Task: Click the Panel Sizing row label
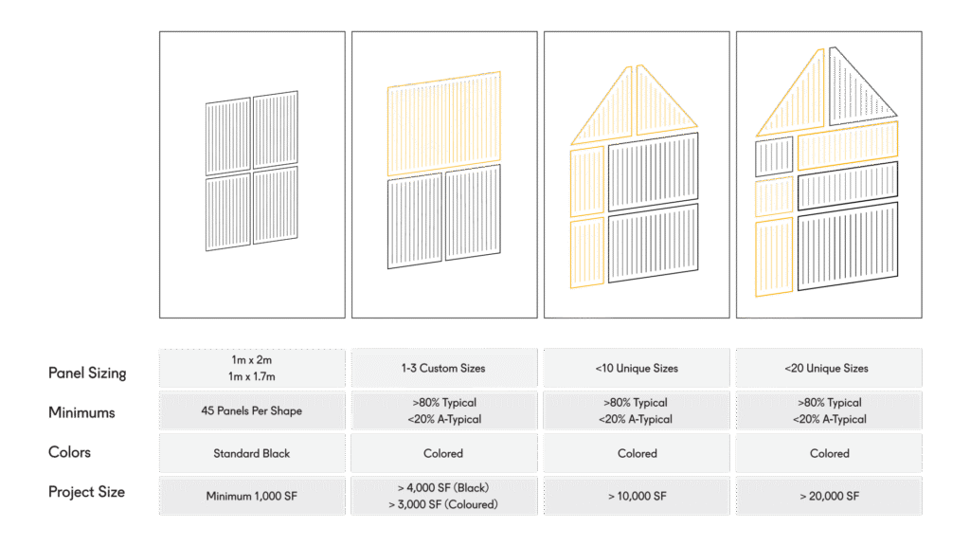tap(87, 373)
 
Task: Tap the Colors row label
tap(71, 452)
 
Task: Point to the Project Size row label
tap(87, 492)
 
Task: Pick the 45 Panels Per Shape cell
tap(251, 411)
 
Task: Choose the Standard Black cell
tap(251, 453)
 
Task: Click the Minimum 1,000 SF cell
tap(251, 496)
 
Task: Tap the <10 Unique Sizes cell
tap(637, 368)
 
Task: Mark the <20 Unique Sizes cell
tap(829, 368)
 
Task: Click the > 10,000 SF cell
tap(637, 496)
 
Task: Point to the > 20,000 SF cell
tap(829, 496)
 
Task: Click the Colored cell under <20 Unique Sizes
tap(829, 453)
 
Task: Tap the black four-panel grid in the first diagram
tap(252, 171)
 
